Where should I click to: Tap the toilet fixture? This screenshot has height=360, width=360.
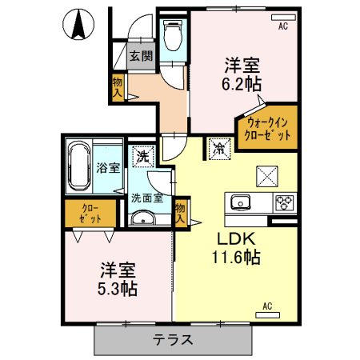point(172,35)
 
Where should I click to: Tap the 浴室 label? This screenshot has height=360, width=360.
point(109,167)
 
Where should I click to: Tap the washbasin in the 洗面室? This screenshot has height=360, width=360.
point(144,218)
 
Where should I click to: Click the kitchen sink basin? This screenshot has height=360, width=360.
point(241,201)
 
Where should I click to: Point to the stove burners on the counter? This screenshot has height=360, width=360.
point(285,202)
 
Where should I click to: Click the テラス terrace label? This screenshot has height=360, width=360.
point(173,340)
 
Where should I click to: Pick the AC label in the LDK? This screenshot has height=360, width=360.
point(267,305)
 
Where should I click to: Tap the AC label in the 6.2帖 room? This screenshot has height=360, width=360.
point(282,26)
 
